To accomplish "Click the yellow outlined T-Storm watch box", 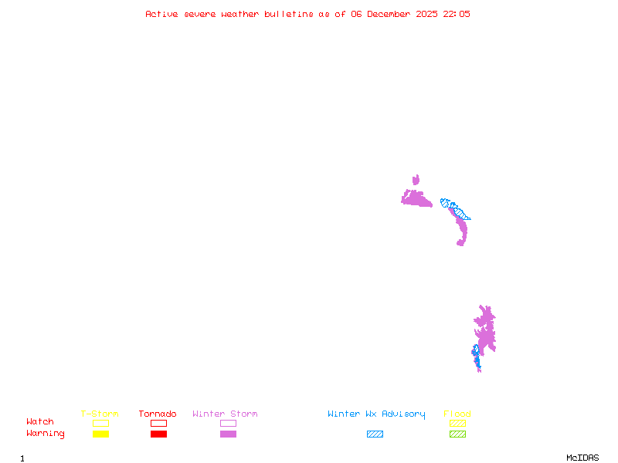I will [x=100, y=423].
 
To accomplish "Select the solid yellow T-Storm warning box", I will [x=100, y=434].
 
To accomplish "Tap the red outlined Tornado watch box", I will [x=158, y=423].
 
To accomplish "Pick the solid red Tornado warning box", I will [x=158, y=434].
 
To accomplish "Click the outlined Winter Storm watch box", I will [x=228, y=423].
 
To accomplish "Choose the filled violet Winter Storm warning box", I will [x=228, y=434].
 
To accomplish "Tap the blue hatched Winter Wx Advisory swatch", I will [x=375, y=434].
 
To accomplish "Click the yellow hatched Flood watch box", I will [x=457, y=423].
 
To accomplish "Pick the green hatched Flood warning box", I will [x=457, y=434].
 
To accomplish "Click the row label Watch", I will [x=40, y=422].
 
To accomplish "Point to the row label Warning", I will [x=46, y=434].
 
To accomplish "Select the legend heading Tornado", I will [x=158, y=414].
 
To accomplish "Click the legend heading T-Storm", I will [x=100, y=414].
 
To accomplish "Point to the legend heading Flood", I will [x=457, y=414].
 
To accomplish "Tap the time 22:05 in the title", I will [x=455, y=14].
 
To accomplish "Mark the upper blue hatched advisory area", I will [x=453, y=208].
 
